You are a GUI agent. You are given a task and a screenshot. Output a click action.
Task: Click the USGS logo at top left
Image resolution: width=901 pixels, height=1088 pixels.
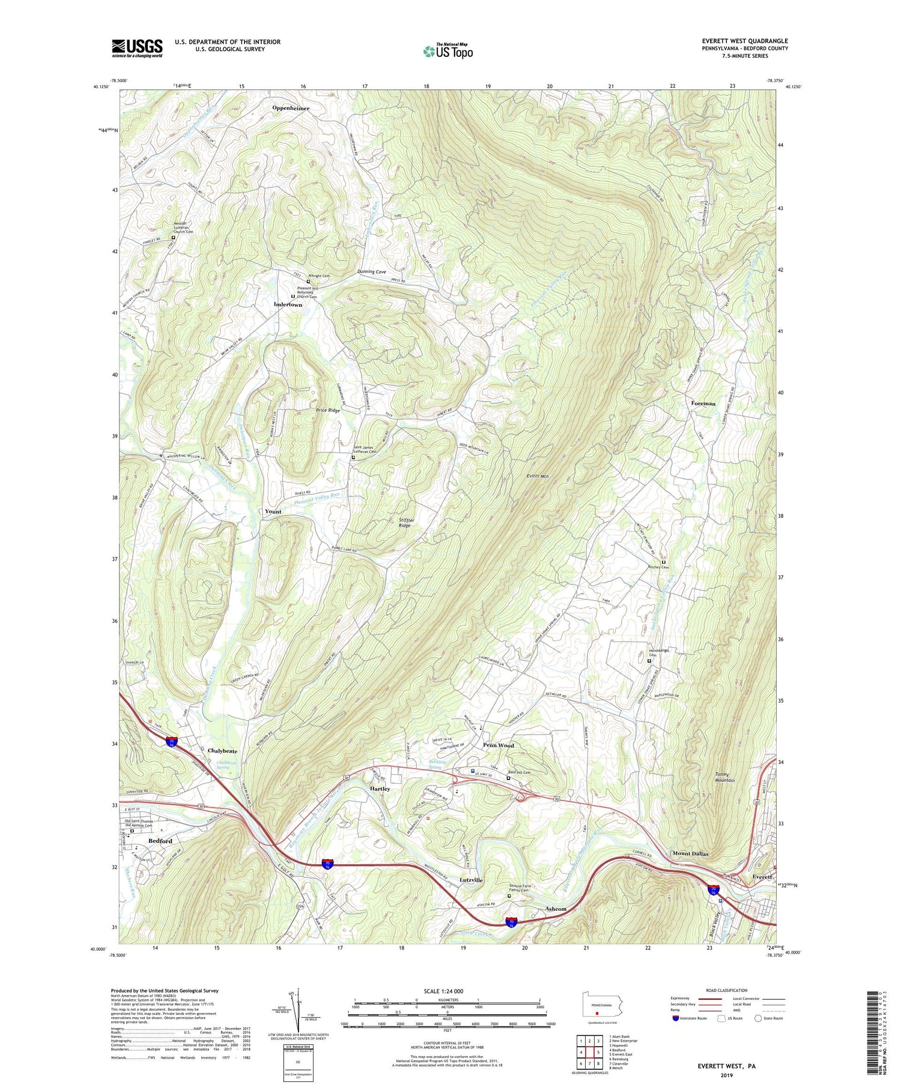coord(136,48)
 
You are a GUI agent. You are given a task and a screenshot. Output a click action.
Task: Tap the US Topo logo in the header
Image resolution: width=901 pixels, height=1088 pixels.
coord(447,51)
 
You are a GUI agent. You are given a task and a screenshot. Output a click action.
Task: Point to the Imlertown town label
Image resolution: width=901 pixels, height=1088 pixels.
coord(288,305)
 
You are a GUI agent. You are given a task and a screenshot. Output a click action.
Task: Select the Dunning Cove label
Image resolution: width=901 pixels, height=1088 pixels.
coord(372,272)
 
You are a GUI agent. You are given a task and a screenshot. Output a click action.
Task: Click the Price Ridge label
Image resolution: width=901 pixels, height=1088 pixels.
coord(328,410)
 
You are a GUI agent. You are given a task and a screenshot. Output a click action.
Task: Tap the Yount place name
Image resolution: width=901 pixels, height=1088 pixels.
coord(273,512)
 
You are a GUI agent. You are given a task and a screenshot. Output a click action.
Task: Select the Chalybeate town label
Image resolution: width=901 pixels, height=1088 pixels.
coord(222,751)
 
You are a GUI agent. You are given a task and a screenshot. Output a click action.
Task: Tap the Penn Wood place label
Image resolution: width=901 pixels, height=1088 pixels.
coord(499,745)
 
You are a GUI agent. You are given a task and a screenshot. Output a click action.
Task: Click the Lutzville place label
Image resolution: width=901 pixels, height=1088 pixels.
coord(471,880)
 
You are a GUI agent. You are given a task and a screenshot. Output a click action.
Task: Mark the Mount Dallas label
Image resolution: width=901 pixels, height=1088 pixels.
coord(690,853)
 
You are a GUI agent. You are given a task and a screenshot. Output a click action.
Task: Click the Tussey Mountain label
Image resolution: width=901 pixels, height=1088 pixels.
coord(725,777)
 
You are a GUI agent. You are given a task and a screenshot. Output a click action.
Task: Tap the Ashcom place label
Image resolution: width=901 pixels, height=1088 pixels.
coord(556,909)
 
